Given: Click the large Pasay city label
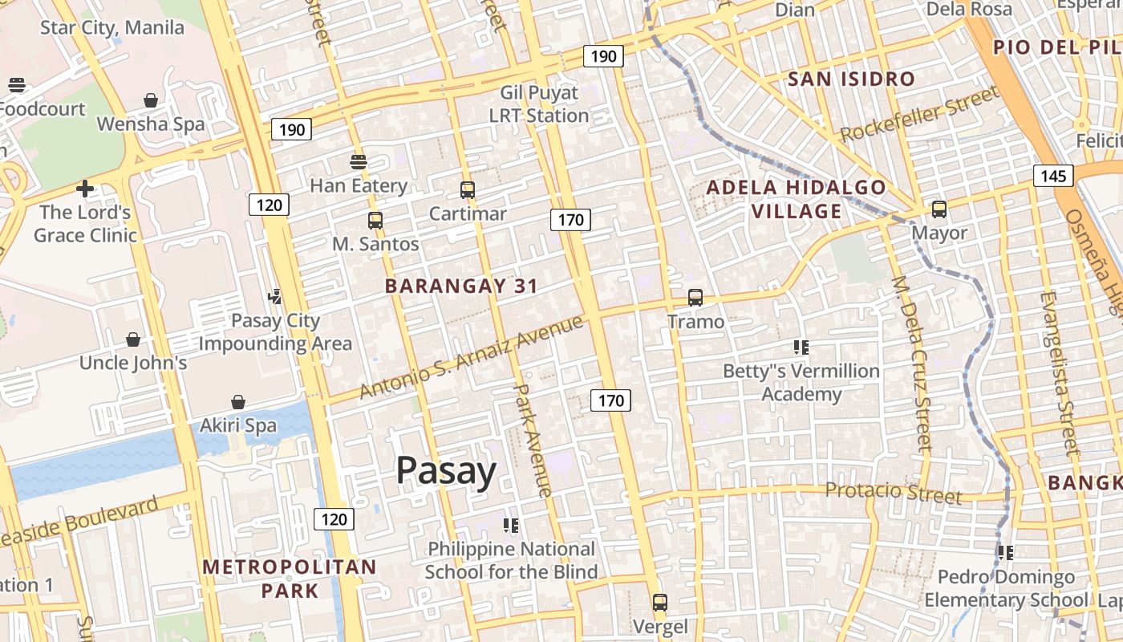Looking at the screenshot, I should point(446,471).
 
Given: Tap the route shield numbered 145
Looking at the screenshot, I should point(1052,176).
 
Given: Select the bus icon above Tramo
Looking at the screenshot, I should point(695,298).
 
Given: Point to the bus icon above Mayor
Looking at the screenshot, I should point(939,209).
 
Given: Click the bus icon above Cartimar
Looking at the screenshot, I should point(468,190).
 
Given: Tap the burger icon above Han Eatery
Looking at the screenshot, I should point(359,161).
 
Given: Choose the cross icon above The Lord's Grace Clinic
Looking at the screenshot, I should point(85,189).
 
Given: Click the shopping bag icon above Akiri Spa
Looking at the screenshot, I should point(238,401).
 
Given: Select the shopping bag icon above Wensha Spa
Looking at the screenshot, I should point(151,100).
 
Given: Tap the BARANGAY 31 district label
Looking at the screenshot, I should point(461,286).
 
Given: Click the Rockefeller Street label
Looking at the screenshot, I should point(920,114).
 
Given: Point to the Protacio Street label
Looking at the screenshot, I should point(893,492).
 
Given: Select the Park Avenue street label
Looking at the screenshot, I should point(533,440).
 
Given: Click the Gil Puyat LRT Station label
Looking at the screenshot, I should point(539,104).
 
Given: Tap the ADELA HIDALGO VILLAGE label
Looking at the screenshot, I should point(797,200).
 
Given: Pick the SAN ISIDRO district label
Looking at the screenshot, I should point(851,79).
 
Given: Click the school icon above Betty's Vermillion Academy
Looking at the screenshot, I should point(801,347).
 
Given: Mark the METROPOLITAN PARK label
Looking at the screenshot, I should point(289,579).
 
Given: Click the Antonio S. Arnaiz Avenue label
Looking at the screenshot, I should point(472,357).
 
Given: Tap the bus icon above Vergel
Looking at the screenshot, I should point(660,602).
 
